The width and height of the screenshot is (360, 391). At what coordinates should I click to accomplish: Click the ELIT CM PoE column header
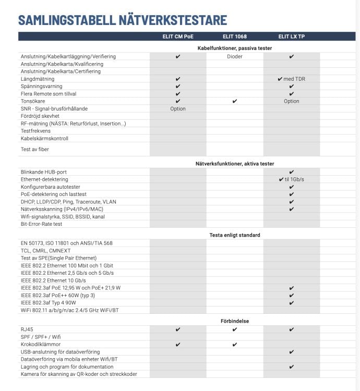[178, 36]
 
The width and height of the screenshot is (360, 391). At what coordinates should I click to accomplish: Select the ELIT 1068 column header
[234, 36]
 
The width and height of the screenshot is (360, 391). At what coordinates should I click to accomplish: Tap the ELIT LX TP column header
[291, 36]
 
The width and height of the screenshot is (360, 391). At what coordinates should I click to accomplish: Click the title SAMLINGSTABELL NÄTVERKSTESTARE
[123, 20]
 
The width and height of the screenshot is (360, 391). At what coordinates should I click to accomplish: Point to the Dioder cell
[234, 56]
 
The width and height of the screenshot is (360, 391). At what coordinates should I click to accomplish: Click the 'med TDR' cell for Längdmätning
[291, 79]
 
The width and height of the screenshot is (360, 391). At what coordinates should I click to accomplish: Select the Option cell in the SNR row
[178, 108]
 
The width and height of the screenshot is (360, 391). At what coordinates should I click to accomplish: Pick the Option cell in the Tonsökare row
[291, 101]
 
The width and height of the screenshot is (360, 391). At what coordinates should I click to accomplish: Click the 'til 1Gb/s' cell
[291, 179]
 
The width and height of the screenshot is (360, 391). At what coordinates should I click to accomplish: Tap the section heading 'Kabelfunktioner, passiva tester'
[234, 48]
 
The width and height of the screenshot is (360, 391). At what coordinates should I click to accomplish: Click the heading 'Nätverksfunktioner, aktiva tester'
[234, 164]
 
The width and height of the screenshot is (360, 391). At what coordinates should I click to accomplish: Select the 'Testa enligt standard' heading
[234, 235]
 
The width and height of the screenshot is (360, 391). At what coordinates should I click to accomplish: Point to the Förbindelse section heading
[234, 321]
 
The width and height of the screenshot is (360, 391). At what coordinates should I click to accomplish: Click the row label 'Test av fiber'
[35, 149]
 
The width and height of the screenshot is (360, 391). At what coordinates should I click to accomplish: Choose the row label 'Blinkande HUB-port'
[43, 172]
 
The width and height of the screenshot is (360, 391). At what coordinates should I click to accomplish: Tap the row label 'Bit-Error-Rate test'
[41, 224]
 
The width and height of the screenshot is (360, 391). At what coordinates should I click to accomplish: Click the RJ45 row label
[27, 329]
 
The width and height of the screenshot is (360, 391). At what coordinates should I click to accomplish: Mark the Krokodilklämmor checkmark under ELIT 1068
[234, 345]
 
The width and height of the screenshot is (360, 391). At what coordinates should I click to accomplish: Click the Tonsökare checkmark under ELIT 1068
[234, 101]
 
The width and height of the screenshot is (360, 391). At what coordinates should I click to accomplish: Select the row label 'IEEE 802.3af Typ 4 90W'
[50, 303]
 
